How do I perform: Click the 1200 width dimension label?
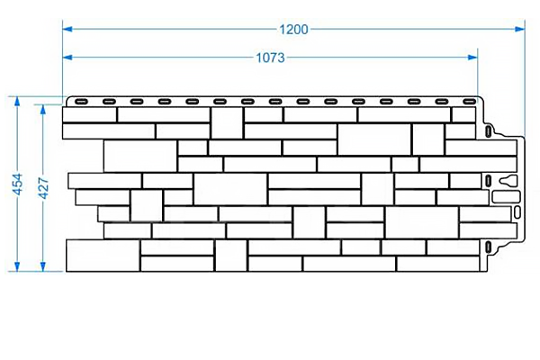click(x=293, y=29)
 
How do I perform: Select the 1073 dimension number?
click(x=270, y=58)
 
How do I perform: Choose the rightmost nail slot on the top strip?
click(x=469, y=100)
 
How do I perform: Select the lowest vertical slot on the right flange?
click(x=486, y=244)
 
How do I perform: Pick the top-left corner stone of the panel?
click(x=89, y=114)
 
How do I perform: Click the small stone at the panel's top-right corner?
click(x=463, y=114)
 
